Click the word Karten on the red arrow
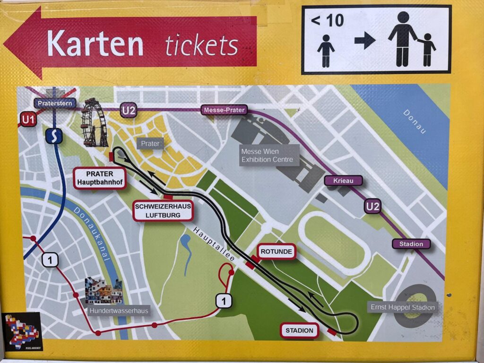95,43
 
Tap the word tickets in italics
201,45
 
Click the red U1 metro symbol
28,120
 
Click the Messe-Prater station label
225,110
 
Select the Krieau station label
343,181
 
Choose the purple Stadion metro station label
411,244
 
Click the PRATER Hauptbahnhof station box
100,178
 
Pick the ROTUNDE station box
276,251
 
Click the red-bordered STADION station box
299,330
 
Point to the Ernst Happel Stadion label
402,307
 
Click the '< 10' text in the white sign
327,21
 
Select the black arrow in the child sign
364,41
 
